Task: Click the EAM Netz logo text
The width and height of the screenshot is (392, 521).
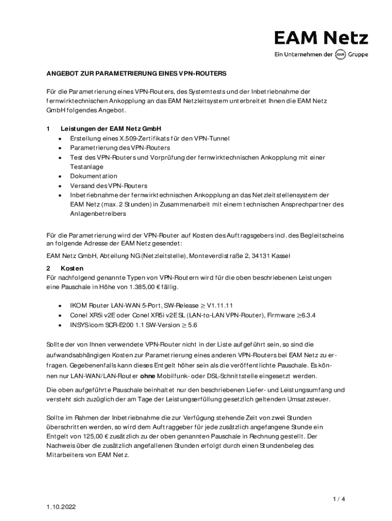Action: pos(321,38)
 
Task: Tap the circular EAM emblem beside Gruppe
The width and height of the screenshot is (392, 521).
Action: pos(341,54)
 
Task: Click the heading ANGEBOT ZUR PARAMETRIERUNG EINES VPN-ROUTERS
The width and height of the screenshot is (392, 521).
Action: pos(136,73)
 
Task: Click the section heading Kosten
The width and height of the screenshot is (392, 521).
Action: pos(72,268)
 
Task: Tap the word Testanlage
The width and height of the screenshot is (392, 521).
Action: pos(87,166)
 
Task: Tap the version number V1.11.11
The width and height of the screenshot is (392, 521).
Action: pos(219,306)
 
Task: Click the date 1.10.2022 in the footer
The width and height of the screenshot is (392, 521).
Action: pos(62,508)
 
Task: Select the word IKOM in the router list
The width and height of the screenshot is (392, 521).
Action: pos(78,306)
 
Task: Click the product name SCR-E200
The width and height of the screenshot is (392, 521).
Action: pos(122,325)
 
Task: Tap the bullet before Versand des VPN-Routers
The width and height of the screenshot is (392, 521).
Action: pos(61,186)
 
